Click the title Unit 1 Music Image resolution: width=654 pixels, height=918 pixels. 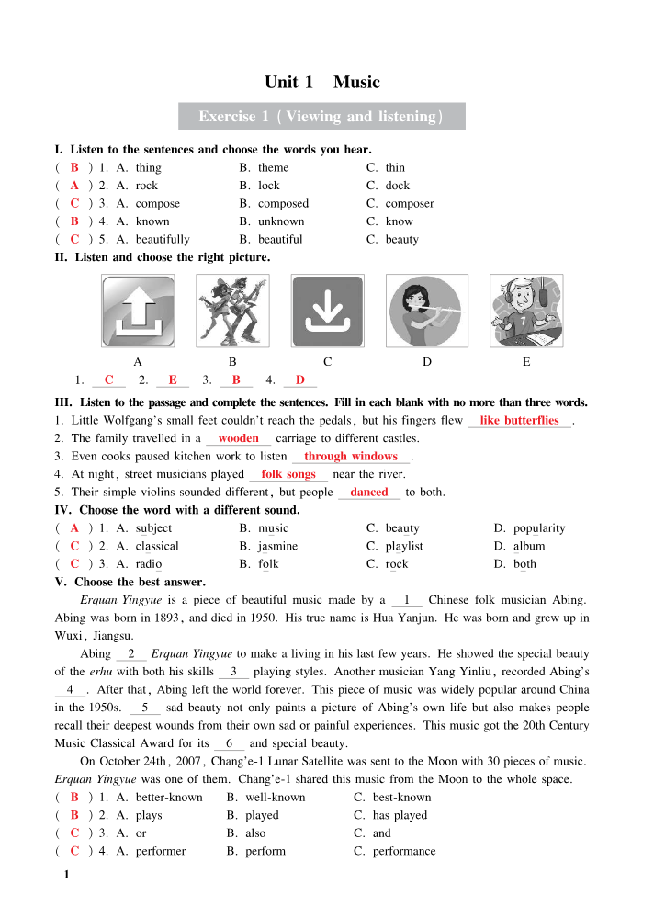pos(321,82)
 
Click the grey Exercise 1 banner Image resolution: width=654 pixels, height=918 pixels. pos(321,117)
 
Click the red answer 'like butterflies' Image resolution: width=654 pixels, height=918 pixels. pos(519,421)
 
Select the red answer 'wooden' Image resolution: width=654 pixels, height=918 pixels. pos(238,438)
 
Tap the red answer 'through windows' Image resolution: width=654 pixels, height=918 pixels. pos(351,457)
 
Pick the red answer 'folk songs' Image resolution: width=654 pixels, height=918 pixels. pos(288,474)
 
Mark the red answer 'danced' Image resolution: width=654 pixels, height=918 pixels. pos(369,493)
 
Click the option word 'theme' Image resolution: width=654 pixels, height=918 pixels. pos(273,167)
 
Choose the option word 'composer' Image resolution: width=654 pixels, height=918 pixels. pos(410,203)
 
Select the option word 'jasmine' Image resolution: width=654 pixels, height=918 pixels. pos(277,546)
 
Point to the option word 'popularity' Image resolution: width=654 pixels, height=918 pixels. pos(539,528)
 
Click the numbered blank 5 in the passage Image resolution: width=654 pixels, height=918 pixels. pos(145,708)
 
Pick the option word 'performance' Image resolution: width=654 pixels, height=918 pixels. pos(404,851)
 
